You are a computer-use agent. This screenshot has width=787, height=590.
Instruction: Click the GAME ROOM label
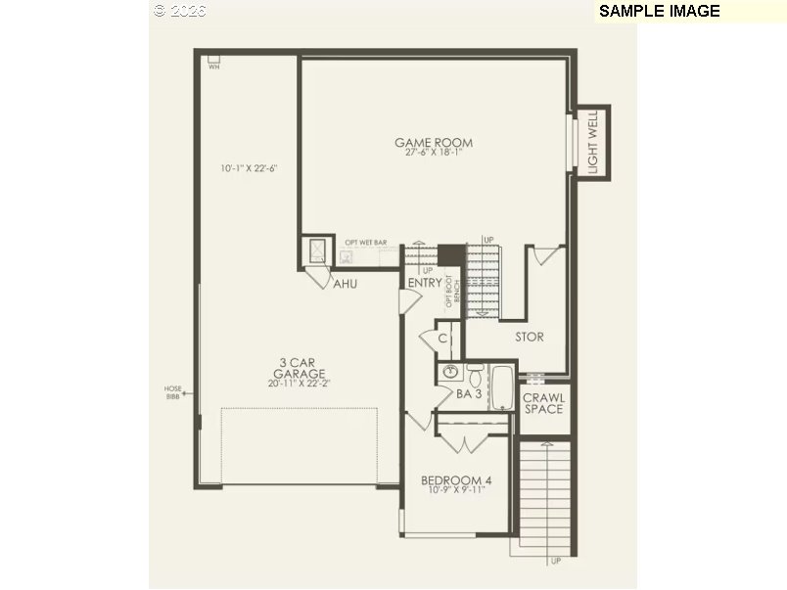(434, 143)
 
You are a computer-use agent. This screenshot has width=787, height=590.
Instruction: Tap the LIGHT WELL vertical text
(592, 143)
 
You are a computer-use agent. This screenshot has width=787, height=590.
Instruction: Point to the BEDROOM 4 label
(456, 480)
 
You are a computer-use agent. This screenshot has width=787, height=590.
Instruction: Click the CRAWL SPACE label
(542, 403)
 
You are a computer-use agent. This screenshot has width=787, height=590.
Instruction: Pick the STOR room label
(530, 337)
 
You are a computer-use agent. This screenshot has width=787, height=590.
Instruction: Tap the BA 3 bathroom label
(468, 394)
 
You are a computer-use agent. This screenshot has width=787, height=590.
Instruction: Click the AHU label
(344, 284)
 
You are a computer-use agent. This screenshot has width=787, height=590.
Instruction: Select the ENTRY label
(425, 283)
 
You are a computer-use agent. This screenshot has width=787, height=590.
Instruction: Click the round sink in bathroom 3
(451, 372)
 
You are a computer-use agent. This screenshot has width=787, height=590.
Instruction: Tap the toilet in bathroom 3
(475, 373)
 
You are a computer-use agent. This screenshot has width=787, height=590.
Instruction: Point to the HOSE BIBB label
(173, 392)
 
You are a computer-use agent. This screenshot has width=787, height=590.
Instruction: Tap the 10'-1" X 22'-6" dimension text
(250, 168)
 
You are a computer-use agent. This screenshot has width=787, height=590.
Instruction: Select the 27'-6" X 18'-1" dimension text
(434, 153)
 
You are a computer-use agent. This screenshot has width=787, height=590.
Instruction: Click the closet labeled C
(442, 339)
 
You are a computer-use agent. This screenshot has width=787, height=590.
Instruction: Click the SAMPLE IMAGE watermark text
(659, 11)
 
